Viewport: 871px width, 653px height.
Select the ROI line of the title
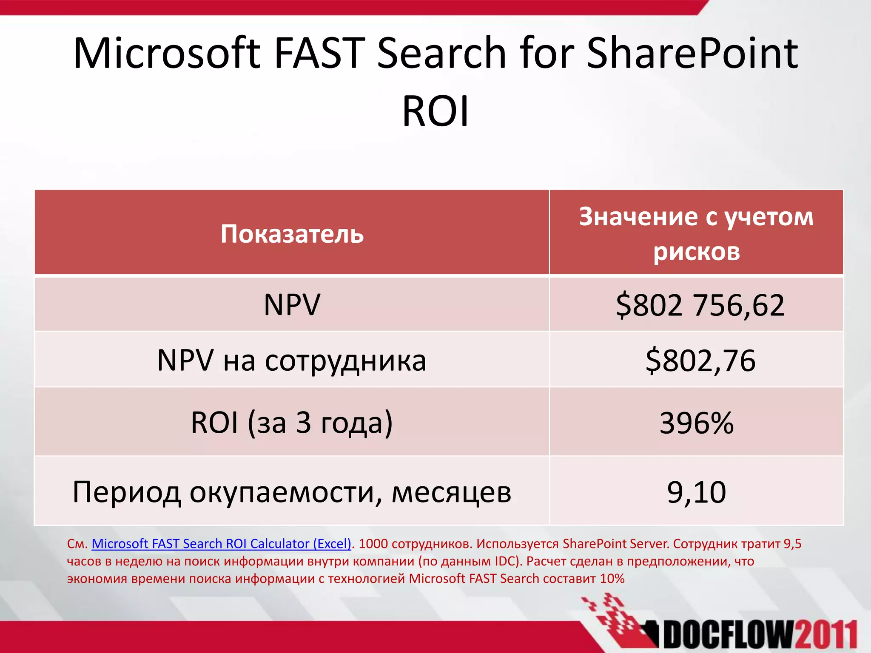435,111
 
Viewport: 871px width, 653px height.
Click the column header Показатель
292,234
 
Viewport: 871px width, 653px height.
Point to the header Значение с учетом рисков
696,234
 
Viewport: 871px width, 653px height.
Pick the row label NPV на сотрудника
292,360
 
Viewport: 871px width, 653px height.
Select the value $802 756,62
700,305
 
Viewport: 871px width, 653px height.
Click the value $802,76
700,360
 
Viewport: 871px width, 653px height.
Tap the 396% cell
697,423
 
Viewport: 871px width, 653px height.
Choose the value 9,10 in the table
697,492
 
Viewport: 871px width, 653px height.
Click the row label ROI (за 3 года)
292,423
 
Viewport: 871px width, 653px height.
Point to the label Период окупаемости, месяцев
292,492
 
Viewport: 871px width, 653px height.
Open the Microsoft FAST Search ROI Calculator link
221,544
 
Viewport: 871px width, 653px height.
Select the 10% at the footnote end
612,579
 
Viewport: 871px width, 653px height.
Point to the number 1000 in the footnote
373,544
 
